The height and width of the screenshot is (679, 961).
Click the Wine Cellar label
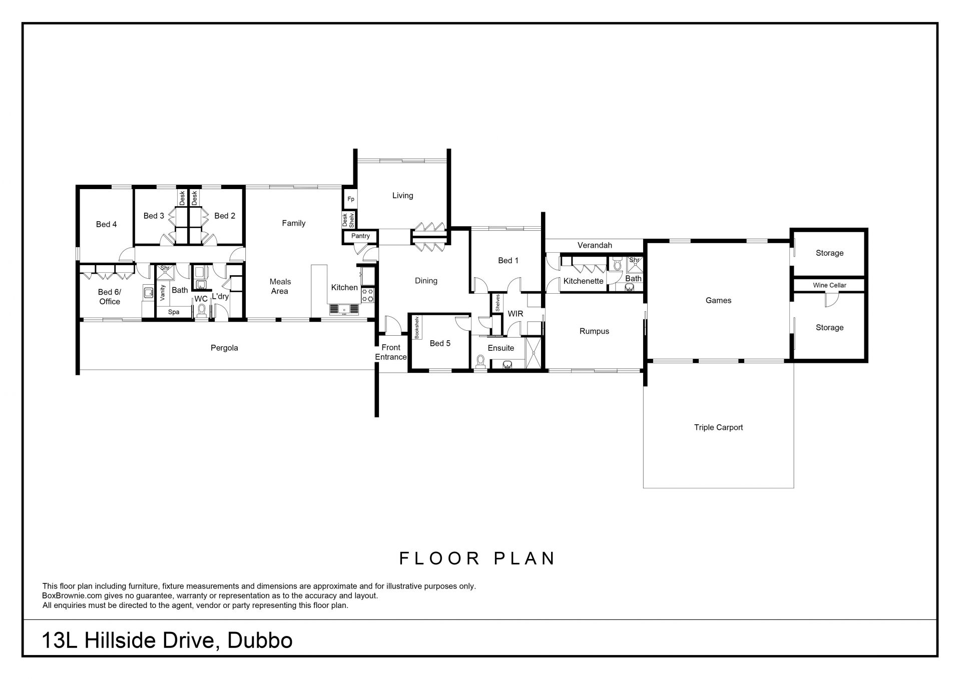pos(829,285)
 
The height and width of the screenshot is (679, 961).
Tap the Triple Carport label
pos(718,427)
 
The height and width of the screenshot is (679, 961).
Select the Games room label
pos(718,300)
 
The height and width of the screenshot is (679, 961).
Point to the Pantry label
pos(360,236)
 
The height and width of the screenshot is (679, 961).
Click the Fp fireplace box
pos(351,199)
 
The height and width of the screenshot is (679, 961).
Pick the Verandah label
pos(595,245)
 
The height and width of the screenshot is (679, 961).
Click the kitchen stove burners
pos(368,294)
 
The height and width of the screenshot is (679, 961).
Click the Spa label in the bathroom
pos(174,312)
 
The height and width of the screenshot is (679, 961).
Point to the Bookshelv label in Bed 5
pos(416,327)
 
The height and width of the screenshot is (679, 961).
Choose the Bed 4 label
pos(106,224)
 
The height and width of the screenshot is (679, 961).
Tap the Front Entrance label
pos(391,352)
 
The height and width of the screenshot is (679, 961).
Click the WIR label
pos(515,314)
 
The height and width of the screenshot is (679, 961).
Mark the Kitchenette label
pos(583,281)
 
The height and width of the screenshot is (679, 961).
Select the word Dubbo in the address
pos(260,640)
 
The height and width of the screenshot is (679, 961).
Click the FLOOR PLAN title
pos(477,558)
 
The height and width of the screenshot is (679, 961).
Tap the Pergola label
pos(224,348)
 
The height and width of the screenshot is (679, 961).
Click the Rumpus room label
pos(594,331)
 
